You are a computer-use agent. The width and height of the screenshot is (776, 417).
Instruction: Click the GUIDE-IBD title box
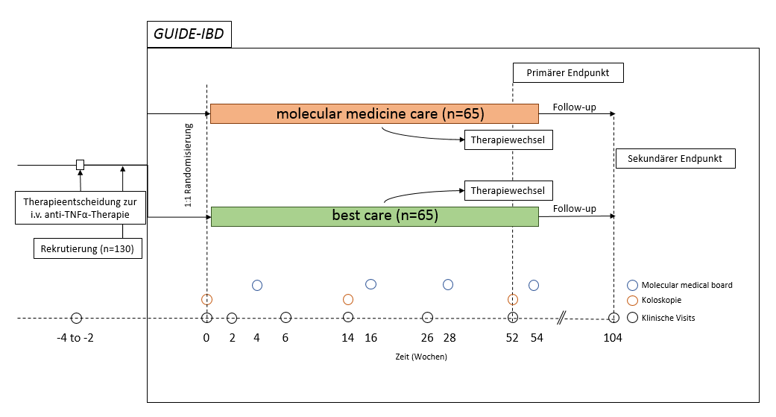tap(189, 34)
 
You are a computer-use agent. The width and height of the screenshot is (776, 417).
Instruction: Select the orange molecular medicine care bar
tap(374, 114)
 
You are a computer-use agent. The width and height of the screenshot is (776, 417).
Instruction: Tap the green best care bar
tap(374, 216)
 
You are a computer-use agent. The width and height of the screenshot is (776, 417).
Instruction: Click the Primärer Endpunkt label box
tap(568, 72)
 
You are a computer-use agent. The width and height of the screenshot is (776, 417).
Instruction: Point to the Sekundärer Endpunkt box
tap(675, 159)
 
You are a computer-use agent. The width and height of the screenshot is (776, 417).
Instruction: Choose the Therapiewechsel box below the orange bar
tap(508, 140)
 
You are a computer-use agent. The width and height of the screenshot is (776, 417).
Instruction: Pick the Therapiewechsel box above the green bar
tap(508, 191)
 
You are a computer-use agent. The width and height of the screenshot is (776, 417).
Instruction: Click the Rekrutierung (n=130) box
tap(88, 249)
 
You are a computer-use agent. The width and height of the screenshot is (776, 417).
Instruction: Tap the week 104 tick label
tap(613, 338)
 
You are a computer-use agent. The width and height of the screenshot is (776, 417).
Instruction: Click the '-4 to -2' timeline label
tap(75, 338)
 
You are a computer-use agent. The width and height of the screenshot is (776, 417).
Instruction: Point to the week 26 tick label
tap(427, 338)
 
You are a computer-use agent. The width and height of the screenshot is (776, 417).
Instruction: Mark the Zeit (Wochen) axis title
tap(421, 357)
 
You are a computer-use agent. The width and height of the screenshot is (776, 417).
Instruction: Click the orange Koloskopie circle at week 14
tap(348, 299)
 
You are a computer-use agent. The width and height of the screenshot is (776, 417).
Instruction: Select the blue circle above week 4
tap(257, 285)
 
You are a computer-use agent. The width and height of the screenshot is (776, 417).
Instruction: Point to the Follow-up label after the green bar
tap(574, 209)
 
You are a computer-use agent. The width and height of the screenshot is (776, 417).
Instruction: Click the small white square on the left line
tap(80, 164)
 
